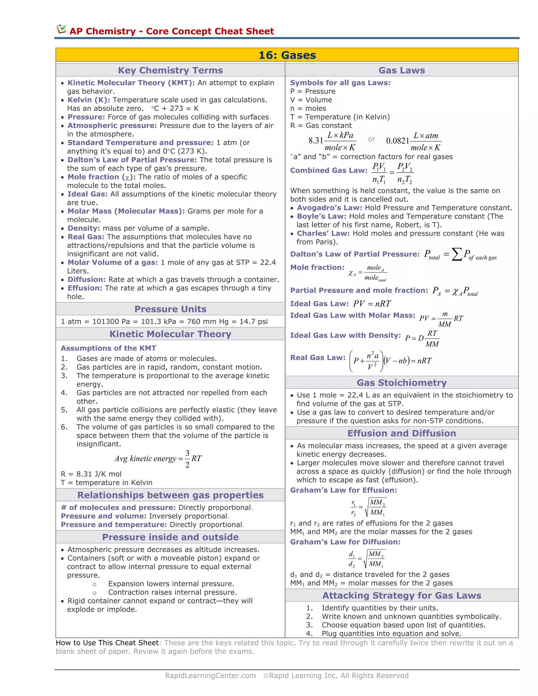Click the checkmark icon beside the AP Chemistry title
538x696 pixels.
[61, 29]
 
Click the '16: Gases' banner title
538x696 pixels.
[287, 55]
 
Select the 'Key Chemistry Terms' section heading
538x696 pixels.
[170, 70]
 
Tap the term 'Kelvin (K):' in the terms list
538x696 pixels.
[89, 100]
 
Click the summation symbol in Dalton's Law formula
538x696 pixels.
[457, 254]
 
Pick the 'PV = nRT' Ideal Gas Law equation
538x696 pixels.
[372, 303]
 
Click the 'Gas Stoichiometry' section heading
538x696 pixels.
[402, 382]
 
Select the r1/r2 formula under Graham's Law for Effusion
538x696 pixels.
[369, 507]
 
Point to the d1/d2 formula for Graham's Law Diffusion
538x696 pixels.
[366, 559]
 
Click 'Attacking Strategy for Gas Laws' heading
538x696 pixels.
[402, 595]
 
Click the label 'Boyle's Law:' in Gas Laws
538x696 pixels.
[321, 216]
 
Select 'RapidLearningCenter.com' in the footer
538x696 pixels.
[210, 675]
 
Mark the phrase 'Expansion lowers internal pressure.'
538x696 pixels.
[171, 584]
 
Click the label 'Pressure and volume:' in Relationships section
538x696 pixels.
[104, 516]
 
